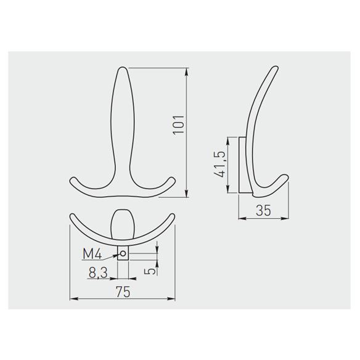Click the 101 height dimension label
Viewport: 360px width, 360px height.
click(x=179, y=124)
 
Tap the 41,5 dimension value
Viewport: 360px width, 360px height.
click(x=219, y=165)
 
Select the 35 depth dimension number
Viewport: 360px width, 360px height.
click(x=263, y=210)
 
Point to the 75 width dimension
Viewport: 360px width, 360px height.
click(x=123, y=292)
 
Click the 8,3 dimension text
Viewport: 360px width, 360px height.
click(x=98, y=273)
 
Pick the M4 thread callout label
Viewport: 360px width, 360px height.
click(x=92, y=254)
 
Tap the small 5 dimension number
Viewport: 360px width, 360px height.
click(x=150, y=271)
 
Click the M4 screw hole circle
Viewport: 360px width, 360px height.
click(x=123, y=253)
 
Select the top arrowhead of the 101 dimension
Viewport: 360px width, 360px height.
click(x=186, y=72)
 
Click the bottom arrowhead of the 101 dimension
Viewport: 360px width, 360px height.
click(x=186, y=194)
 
